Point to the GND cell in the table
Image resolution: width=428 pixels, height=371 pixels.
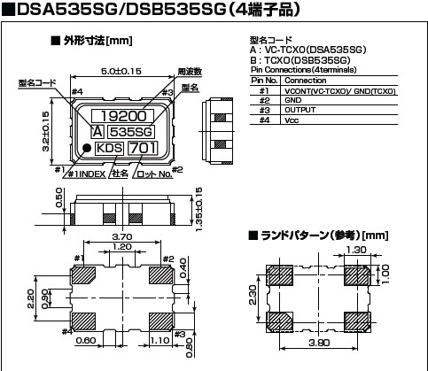(x=293, y=101)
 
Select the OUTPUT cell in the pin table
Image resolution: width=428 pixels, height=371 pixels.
(x=300, y=111)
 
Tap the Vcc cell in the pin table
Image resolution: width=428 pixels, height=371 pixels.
(x=292, y=120)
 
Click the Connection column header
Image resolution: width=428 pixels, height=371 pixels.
(x=304, y=81)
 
